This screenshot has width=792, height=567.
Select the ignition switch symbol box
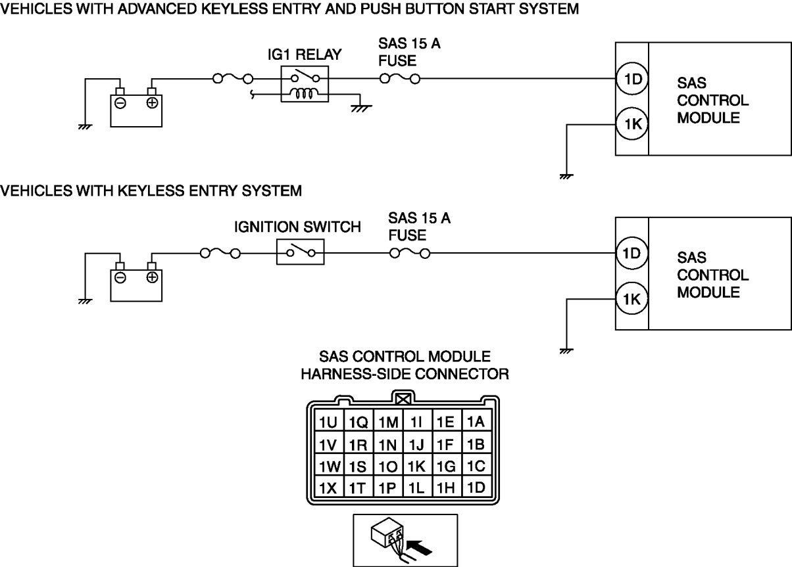(300, 252)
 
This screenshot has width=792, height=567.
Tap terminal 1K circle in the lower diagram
(631, 300)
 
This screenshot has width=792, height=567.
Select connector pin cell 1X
(328, 488)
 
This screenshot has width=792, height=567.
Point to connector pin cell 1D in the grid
(475, 488)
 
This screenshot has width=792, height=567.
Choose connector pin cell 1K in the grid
(416, 466)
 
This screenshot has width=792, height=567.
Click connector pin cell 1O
(387, 466)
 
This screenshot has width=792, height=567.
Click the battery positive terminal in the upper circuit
(152, 102)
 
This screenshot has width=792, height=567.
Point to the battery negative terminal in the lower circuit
(120, 277)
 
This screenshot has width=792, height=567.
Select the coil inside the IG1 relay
(304, 95)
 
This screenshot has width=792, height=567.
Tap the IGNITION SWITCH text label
(297, 227)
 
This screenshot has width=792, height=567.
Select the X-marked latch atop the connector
(403, 398)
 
